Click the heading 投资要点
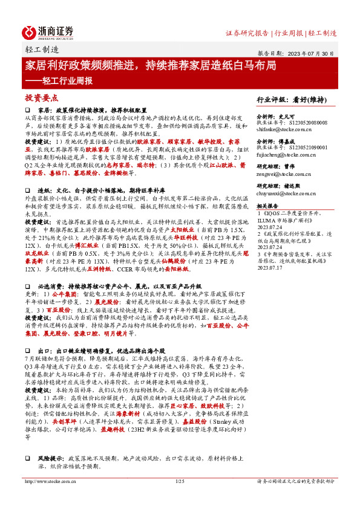[41, 98]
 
